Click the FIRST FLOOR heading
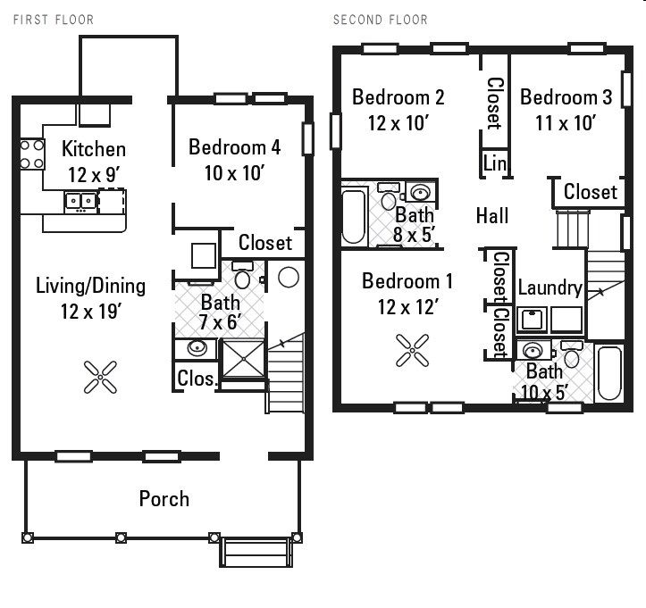tap(53, 19)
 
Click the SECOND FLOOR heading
tap(380, 19)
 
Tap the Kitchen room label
tap(93, 149)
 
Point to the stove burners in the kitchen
tap(32, 154)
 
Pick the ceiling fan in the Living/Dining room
tap(100, 376)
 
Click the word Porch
tap(164, 498)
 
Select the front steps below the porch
tap(256, 553)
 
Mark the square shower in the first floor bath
tap(243, 359)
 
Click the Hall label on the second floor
tap(492, 215)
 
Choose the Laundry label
tap(550, 287)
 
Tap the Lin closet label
tap(494, 163)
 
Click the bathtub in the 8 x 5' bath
tap(355, 213)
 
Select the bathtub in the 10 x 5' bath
tap(608, 373)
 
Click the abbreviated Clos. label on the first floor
tap(196, 379)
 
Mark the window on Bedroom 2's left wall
tap(336, 129)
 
